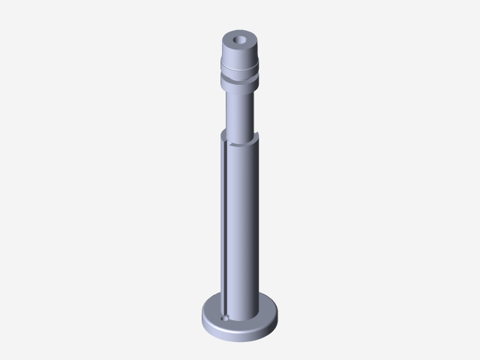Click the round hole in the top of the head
241,37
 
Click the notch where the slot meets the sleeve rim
226,136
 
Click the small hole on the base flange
225,317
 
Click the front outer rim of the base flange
240,329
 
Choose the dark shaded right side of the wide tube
256,225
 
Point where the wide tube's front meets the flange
241,318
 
